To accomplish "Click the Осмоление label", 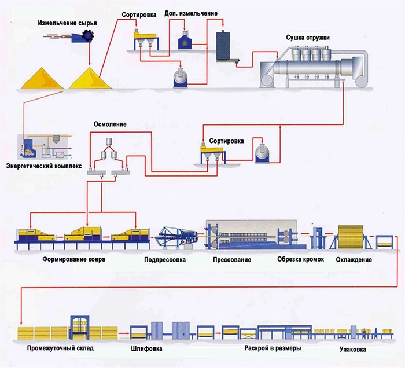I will point(106,124).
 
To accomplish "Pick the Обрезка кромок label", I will point(297,259).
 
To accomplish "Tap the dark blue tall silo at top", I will point(223,43).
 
